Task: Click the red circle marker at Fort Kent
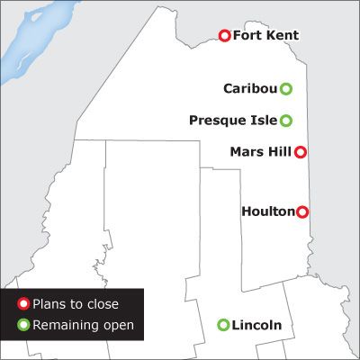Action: (225, 36)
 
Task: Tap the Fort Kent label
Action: (265, 36)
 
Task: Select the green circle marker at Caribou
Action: (285, 88)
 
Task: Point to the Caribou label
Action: (249, 88)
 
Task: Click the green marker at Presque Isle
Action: (285, 120)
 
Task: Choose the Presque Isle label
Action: (234, 120)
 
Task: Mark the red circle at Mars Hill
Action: (301, 152)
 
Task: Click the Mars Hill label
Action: (261, 152)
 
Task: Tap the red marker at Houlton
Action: (302, 211)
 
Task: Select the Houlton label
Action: (268, 211)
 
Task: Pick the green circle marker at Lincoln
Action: (223, 325)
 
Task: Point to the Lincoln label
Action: (256, 325)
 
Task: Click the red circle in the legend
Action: (23, 305)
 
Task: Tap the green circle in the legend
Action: (23, 325)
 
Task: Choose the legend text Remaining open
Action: (83, 325)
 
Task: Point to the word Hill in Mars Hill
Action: (279, 152)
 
